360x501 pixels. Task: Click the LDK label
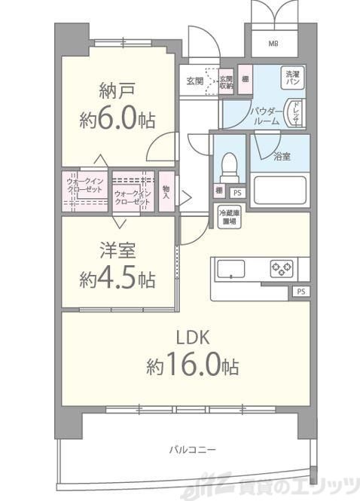click(x=193, y=337)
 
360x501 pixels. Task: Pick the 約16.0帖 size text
click(x=193, y=366)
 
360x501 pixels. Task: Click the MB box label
click(x=273, y=42)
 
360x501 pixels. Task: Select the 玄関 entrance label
click(x=194, y=81)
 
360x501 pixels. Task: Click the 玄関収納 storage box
click(x=226, y=81)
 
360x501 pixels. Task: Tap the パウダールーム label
click(x=264, y=115)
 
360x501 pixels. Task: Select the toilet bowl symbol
click(x=228, y=164)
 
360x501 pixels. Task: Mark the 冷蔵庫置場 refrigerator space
click(x=228, y=217)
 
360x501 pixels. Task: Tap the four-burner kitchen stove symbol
click(x=282, y=267)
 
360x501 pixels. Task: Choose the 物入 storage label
click(x=165, y=194)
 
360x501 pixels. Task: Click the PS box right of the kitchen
click(x=301, y=291)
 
